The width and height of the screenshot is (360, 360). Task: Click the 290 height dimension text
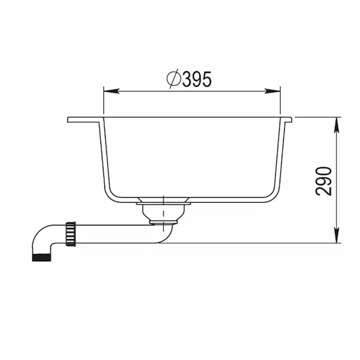pyautogui.click(x=324, y=180)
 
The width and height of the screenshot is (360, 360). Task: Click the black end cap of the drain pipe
pyautogui.click(x=42, y=256)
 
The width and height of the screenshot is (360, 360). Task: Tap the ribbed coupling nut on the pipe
pyautogui.click(x=70, y=234)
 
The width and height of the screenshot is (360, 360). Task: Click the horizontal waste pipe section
pyautogui.click(x=113, y=233)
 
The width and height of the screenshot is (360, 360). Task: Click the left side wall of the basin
pyautogui.click(x=103, y=157)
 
